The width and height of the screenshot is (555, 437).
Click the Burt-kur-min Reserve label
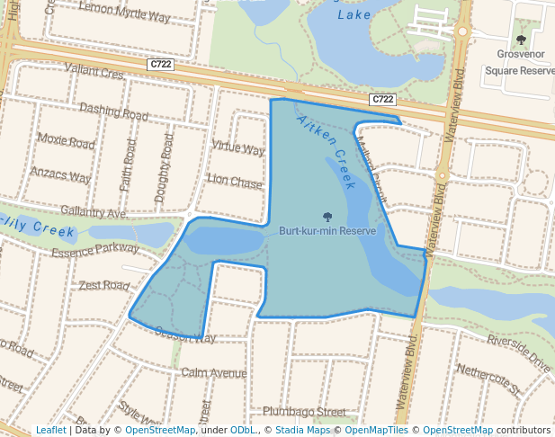[x=327, y=231]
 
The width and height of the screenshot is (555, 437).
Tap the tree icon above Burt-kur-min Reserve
[x=327, y=217]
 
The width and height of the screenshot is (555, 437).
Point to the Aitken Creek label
[x=327, y=152]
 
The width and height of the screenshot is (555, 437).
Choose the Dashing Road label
[x=113, y=112]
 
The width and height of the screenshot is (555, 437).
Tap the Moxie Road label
[x=66, y=143]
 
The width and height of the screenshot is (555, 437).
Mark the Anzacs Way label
[x=60, y=173]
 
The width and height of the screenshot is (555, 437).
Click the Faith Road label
[x=128, y=165]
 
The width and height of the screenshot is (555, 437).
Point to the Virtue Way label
[x=237, y=147]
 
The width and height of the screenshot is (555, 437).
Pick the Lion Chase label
[x=235, y=181]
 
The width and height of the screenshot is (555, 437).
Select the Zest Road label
[x=104, y=285]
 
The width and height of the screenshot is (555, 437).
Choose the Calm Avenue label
[x=213, y=373]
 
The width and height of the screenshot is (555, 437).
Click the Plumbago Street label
[x=304, y=411]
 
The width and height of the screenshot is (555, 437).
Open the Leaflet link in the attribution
[x=50, y=431]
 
